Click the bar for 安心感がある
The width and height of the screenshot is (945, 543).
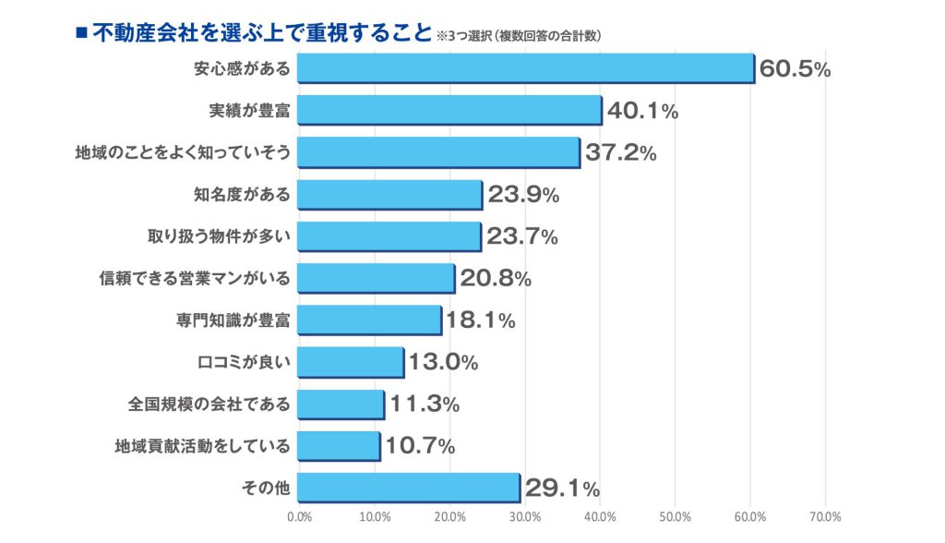526,68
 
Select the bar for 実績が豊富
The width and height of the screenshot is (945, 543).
449,110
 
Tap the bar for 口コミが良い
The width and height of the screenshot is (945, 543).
351,362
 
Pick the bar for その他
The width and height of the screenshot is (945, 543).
409,487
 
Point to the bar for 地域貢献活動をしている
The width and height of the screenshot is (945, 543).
339,445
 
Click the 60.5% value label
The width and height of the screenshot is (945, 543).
795,68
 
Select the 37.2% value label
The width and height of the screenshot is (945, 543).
620,152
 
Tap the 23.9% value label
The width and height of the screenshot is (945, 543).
523,195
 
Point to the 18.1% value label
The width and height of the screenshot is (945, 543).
480,320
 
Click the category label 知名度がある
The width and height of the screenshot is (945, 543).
242,195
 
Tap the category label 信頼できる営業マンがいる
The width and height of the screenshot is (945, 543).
195,278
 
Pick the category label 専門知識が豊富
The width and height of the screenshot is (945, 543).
233,320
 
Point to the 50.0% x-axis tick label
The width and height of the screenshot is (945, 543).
676,516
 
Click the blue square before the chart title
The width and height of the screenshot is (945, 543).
81,33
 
